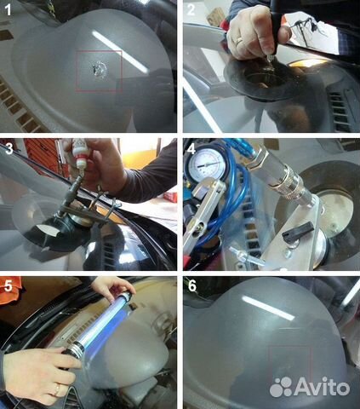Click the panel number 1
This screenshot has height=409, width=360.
[x=8, y=9]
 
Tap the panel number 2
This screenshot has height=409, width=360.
[x=191, y=9]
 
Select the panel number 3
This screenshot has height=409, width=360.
[x=9, y=148]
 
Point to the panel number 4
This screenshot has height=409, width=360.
[x=192, y=148]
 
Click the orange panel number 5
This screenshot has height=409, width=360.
[x=9, y=286]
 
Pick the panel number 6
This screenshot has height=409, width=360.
[x=192, y=286]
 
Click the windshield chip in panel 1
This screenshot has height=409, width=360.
[x=100, y=70]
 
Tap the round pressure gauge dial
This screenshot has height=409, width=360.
[x=206, y=164]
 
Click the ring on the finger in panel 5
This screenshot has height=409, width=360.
[x=58, y=389]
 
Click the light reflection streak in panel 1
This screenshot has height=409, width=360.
[x=120, y=52]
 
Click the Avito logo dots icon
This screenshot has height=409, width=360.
[x=281, y=387]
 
